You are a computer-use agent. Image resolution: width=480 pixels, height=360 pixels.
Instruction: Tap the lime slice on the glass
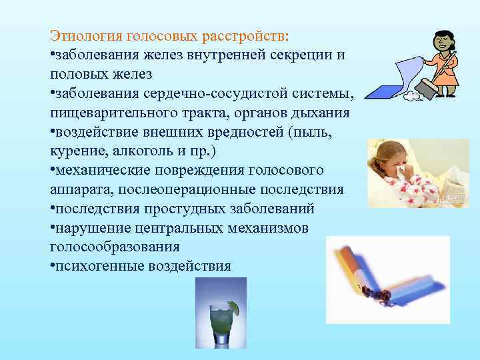coord(233,307)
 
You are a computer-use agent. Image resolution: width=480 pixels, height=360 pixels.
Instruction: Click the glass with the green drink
coord(219,323)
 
